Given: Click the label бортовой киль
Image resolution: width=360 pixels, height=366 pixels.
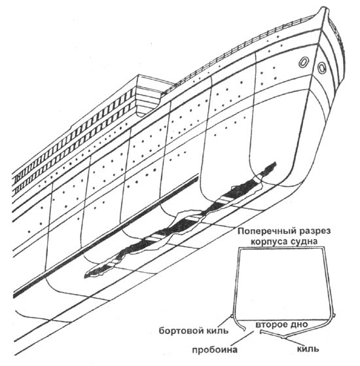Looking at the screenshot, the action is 194,331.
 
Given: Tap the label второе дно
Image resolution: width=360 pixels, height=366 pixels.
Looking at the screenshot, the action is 282,325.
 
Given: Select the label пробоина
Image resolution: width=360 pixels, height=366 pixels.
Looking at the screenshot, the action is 215,350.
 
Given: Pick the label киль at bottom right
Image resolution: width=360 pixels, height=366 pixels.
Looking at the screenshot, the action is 308,349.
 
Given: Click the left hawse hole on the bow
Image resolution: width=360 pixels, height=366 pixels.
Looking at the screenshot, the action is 303,62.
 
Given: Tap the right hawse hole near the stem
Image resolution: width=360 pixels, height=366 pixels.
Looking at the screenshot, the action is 321,67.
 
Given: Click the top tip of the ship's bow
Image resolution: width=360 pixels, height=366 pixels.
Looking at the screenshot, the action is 323,7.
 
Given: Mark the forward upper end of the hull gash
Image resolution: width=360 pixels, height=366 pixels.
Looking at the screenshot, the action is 276,163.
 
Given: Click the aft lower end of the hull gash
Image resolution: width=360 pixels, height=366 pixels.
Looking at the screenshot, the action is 85,276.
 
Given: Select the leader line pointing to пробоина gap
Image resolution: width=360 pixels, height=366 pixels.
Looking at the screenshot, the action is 245,338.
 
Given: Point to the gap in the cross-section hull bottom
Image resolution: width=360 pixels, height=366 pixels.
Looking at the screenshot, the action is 253,331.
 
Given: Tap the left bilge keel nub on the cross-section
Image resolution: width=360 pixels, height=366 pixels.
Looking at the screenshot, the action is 231,316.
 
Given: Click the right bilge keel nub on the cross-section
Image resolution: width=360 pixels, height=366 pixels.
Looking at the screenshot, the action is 334,316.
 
